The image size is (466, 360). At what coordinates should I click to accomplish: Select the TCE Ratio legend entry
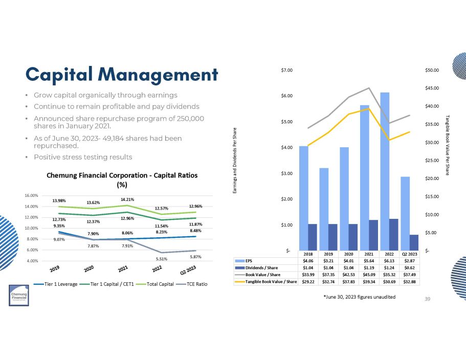coord(196,284)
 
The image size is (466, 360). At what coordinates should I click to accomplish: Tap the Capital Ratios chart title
coord(122,179)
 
